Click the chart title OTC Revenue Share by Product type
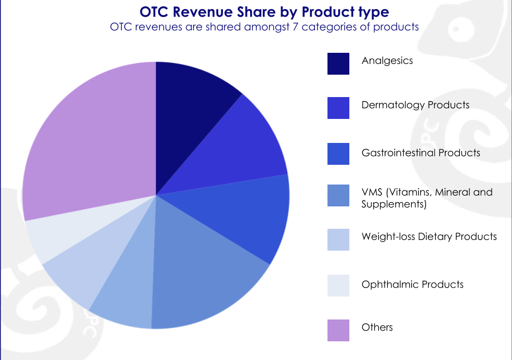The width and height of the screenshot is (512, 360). coord(264,12)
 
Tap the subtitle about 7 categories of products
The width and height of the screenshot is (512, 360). coord(264,27)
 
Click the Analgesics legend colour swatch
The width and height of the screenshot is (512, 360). coord(338,63)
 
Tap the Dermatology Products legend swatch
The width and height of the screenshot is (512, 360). coord(338,108)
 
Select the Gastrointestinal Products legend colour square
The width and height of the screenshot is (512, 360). coord(338,154)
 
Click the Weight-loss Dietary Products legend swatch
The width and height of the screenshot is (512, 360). coord(338,239)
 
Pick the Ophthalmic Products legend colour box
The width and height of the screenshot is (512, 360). coord(338,285)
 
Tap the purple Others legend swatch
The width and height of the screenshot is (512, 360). coord(338,330)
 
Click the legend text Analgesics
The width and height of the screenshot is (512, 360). coord(387,61)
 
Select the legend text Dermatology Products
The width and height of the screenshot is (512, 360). coord(415,105)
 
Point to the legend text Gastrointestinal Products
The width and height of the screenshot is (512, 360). coord(421,153)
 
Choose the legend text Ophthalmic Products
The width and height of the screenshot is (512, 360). coord(412,284)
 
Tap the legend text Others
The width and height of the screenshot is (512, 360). coord(377,327)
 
